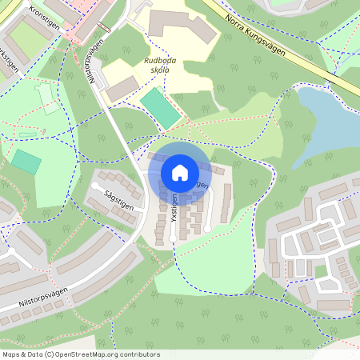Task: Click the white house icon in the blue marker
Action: [180, 172]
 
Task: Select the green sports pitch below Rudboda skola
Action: [162, 108]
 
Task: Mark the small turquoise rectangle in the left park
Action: [26, 162]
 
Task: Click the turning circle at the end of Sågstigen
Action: [96, 186]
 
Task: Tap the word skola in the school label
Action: [159, 70]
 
